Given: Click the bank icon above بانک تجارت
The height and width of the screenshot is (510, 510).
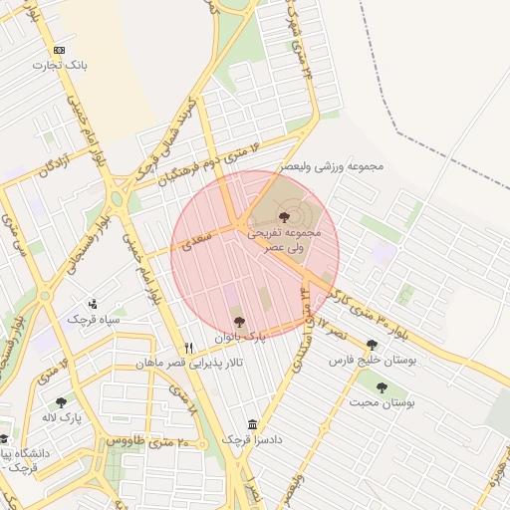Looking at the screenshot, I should point(59,50).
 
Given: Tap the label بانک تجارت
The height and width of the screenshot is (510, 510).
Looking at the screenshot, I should point(60,65).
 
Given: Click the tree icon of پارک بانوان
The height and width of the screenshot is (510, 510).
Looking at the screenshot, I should point(238,321).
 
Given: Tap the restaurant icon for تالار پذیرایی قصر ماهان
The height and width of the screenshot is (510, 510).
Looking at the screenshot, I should point(189,348).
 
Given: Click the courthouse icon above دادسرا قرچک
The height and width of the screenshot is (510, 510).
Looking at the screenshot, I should point(250,423).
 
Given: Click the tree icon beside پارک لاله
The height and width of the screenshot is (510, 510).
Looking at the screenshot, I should point(62,403).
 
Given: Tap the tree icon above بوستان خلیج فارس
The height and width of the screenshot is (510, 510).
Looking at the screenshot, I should point(372,345).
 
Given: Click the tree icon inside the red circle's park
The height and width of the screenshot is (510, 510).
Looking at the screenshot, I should point(284,216).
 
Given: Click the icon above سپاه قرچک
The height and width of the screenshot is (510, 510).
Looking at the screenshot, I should point(93,303).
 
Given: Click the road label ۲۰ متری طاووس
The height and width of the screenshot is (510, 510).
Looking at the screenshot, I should point(141,439).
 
